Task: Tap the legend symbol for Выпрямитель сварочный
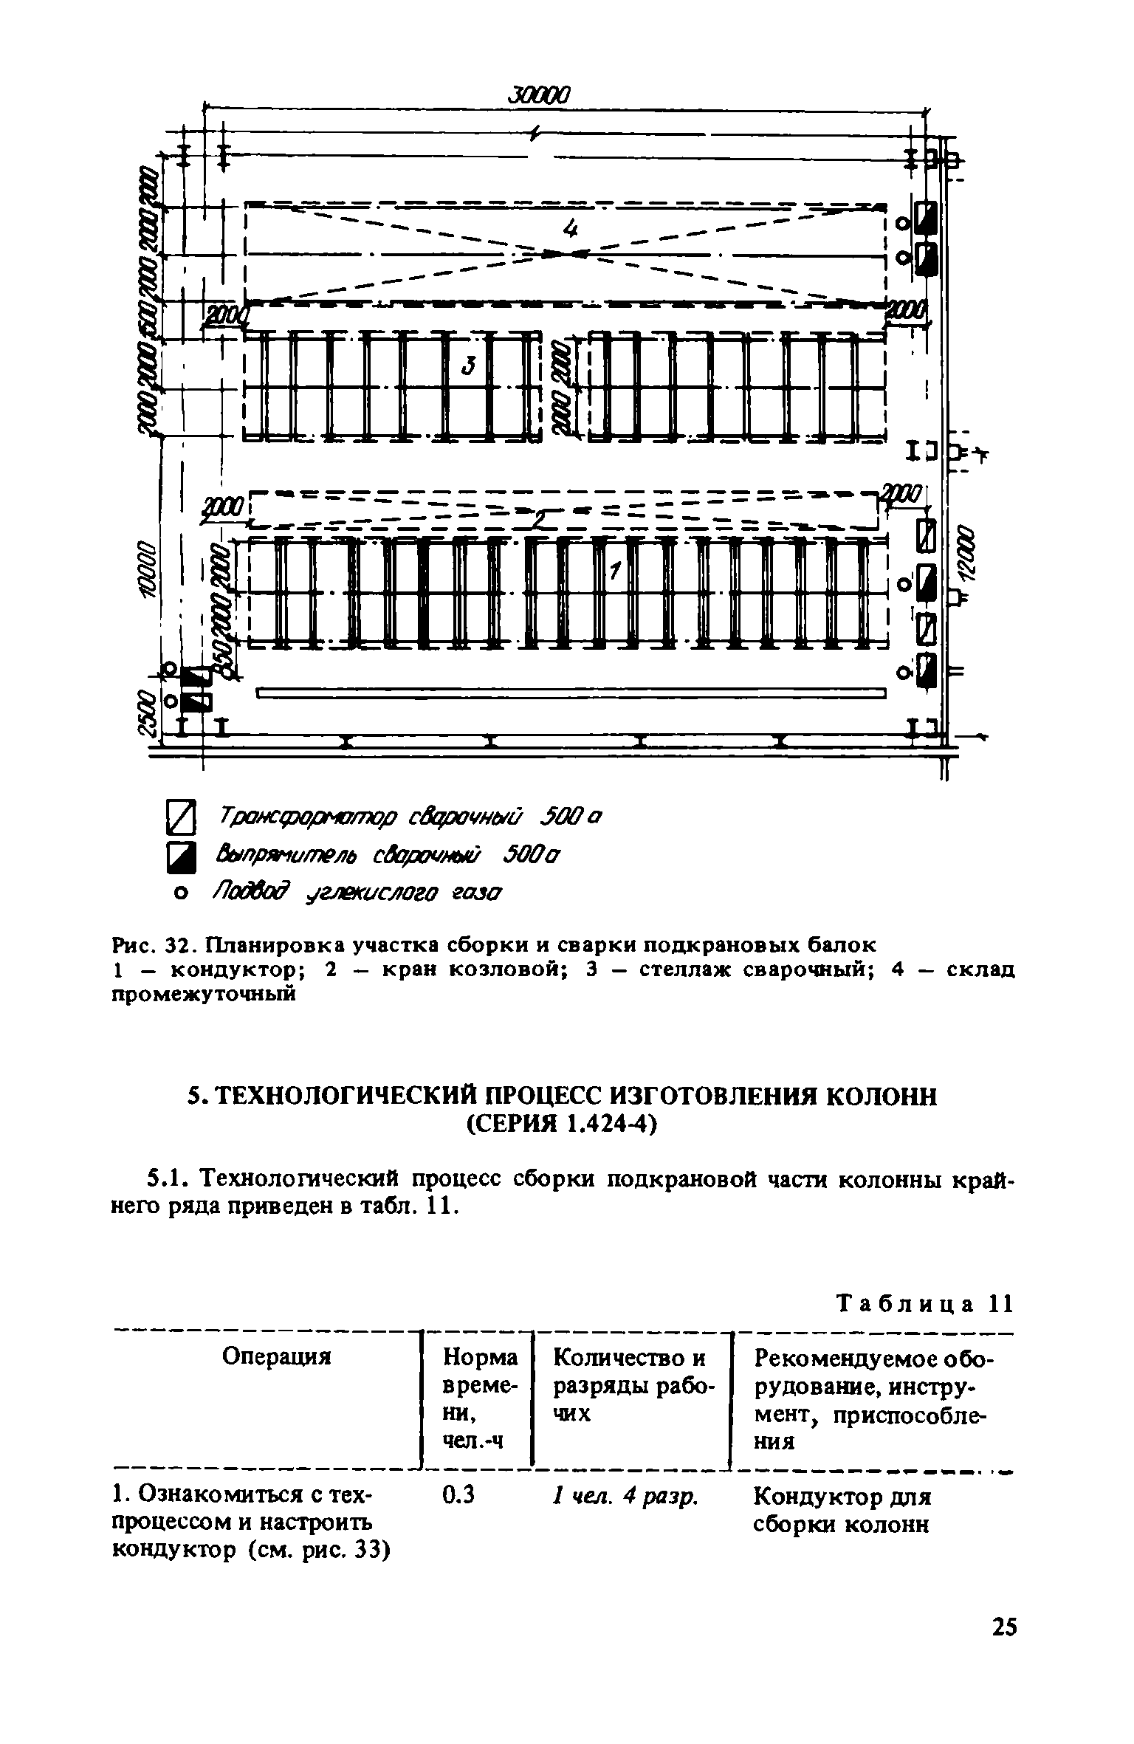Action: pos(182,856)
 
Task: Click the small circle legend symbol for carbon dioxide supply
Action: pos(179,894)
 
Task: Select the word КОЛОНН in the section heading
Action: pos(880,1097)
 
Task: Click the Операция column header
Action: pos(277,1356)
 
